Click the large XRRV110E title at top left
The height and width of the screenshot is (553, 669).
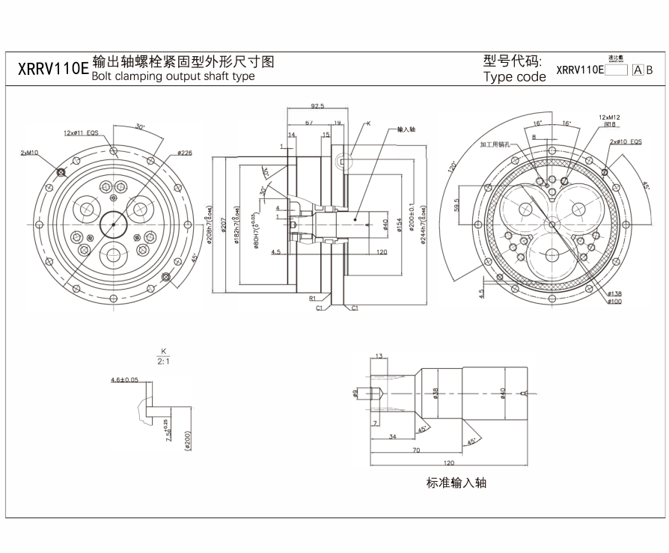click(52, 70)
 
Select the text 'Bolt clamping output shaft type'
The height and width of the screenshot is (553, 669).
click(173, 76)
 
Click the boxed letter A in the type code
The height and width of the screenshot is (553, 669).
click(638, 70)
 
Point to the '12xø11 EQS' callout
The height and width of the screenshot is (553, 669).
click(81, 132)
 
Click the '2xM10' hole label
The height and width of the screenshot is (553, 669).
click(30, 153)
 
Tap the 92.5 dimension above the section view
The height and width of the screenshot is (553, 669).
click(317, 106)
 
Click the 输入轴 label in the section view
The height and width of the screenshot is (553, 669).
click(406, 129)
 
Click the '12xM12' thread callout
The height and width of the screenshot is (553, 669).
click(609, 117)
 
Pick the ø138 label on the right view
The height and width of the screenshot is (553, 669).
click(615, 293)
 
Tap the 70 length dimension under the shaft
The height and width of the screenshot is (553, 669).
click(416, 450)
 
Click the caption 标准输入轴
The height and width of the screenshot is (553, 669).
click(456, 483)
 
